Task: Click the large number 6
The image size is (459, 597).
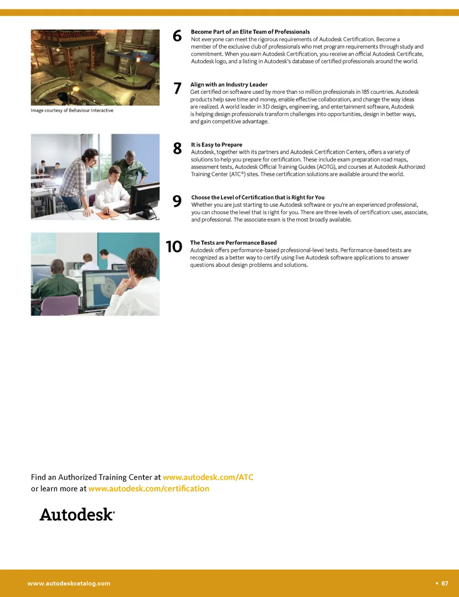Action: (177, 36)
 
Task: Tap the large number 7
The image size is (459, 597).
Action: (177, 88)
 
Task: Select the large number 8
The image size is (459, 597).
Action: (177, 148)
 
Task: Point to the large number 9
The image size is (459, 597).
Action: (177, 201)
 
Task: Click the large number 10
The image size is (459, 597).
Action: (174, 247)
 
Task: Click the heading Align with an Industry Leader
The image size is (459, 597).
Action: (229, 85)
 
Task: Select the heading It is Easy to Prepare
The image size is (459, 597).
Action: (217, 145)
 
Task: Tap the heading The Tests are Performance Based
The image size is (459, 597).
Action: (233, 243)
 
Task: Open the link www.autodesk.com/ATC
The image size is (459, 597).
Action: (208, 477)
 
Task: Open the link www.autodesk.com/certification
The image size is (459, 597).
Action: (149, 489)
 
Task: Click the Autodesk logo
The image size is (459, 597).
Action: (77, 515)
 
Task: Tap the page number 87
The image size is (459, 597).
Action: (445, 583)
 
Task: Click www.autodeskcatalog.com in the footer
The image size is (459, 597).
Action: (69, 584)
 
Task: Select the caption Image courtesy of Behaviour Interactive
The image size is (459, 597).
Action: (72, 111)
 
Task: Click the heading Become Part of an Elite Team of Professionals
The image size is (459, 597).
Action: (251, 32)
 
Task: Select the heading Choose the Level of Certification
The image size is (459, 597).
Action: (258, 198)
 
